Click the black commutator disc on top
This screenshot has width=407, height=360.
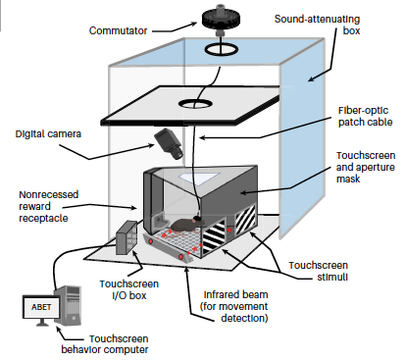pyautogui.click(x=221, y=19)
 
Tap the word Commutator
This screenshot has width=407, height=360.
pyautogui.click(x=118, y=30)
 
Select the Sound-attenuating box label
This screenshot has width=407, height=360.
pyautogui.click(x=317, y=25)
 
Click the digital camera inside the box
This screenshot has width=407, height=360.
pyautogui.click(x=169, y=144)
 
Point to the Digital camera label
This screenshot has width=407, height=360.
pyautogui.click(x=48, y=134)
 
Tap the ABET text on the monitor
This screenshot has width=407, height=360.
pyautogui.click(x=41, y=307)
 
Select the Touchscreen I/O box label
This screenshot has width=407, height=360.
pyautogui.click(x=129, y=289)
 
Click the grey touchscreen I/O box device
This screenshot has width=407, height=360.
pyautogui.click(x=127, y=237)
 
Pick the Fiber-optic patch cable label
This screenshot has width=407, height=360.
pyautogui.click(x=365, y=117)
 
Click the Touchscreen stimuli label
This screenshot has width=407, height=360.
pyautogui.click(x=318, y=271)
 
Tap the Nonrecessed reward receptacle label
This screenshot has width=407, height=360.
pyautogui.click(x=48, y=206)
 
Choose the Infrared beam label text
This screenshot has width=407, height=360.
pyautogui.click(x=234, y=306)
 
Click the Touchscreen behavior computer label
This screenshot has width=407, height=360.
pyautogui.click(x=105, y=344)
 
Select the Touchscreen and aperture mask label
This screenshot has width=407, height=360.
pyautogui.click(x=366, y=167)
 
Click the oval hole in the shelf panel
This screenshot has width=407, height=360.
pyautogui.click(x=195, y=104)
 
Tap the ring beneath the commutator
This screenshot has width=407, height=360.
pyautogui.click(x=222, y=50)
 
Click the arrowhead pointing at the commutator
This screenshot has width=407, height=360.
pyautogui.click(x=194, y=24)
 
